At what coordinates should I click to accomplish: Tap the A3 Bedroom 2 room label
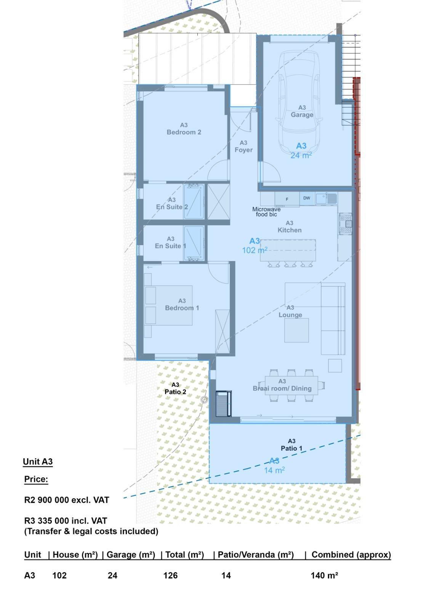click(x=184, y=129)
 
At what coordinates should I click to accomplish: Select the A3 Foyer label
click(x=244, y=146)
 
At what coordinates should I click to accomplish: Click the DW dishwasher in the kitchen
click(x=307, y=198)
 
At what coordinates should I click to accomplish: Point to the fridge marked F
click(x=287, y=199)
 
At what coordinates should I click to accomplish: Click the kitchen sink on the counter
click(x=327, y=198)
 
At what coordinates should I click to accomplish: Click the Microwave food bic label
click(x=266, y=212)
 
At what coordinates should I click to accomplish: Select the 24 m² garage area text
click(x=301, y=155)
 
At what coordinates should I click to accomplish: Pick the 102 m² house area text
click(x=255, y=250)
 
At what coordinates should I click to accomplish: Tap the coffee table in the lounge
click(x=296, y=330)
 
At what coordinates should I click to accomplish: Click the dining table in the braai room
click(x=291, y=385)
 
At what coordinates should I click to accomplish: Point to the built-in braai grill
click(x=223, y=404)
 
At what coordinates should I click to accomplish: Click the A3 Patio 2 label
click(x=175, y=388)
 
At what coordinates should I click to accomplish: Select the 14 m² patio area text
click(x=274, y=470)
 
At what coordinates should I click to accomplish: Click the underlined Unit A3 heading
click(x=38, y=462)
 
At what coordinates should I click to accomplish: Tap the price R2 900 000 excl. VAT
click(x=67, y=500)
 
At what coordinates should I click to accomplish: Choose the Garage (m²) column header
click(x=131, y=555)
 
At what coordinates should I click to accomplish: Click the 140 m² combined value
click(x=324, y=576)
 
